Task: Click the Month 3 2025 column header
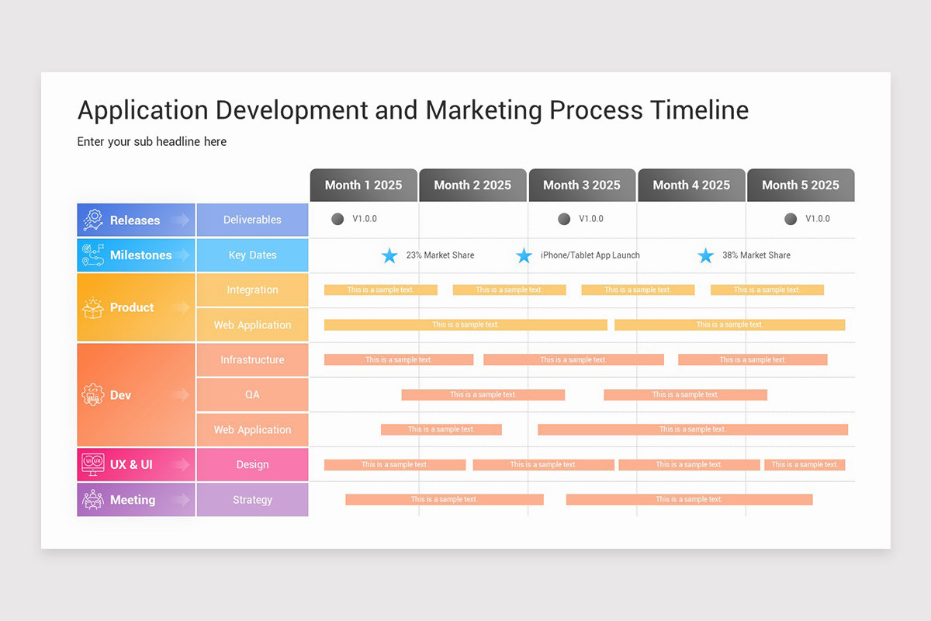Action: click(x=582, y=186)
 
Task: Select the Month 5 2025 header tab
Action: click(x=801, y=186)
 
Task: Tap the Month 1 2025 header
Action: click(x=363, y=186)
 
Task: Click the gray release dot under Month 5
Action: click(x=791, y=219)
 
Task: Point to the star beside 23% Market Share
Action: click(x=389, y=255)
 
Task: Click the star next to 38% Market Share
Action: click(x=705, y=255)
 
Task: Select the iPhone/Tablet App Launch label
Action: click(x=590, y=255)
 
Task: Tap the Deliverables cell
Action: click(x=252, y=220)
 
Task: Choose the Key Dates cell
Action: click(x=252, y=255)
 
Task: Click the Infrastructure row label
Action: click(x=252, y=360)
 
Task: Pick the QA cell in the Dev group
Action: click(x=252, y=395)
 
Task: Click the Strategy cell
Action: click(x=252, y=500)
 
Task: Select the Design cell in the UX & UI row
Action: click(x=252, y=465)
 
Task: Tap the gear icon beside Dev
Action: click(x=93, y=395)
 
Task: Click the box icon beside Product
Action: click(x=93, y=307)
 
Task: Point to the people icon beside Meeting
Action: click(x=93, y=500)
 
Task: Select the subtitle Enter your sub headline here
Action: click(x=152, y=141)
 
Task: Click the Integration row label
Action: click(x=252, y=290)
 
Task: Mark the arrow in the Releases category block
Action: click(x=180, y=220)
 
